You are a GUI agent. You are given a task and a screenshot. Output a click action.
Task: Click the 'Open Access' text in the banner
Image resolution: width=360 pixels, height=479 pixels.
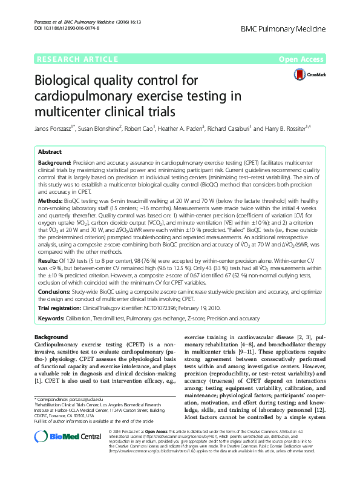301,59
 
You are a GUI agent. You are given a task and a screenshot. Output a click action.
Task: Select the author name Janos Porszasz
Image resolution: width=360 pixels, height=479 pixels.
53,129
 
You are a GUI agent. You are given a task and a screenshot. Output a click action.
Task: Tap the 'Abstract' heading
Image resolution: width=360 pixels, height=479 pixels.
50,152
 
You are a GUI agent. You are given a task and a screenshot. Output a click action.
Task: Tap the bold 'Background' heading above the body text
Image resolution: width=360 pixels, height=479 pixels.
51,336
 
